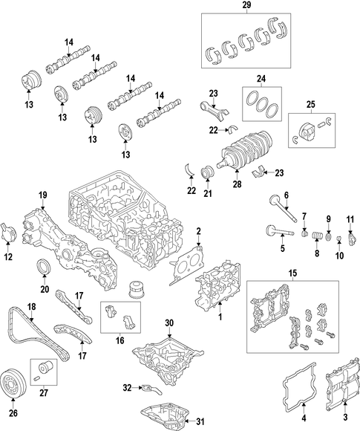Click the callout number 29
coord(246,4)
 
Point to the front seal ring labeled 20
coord(42,266)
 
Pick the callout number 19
coord(42,195)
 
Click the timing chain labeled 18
coord(36,333)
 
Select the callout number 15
coord(292,273)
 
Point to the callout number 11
coord(350,219)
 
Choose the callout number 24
coord(261,79)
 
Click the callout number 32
coord(127,388)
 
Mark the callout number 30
coord(169,323)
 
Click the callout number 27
coord(44,393)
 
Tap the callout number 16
coord(120,340)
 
